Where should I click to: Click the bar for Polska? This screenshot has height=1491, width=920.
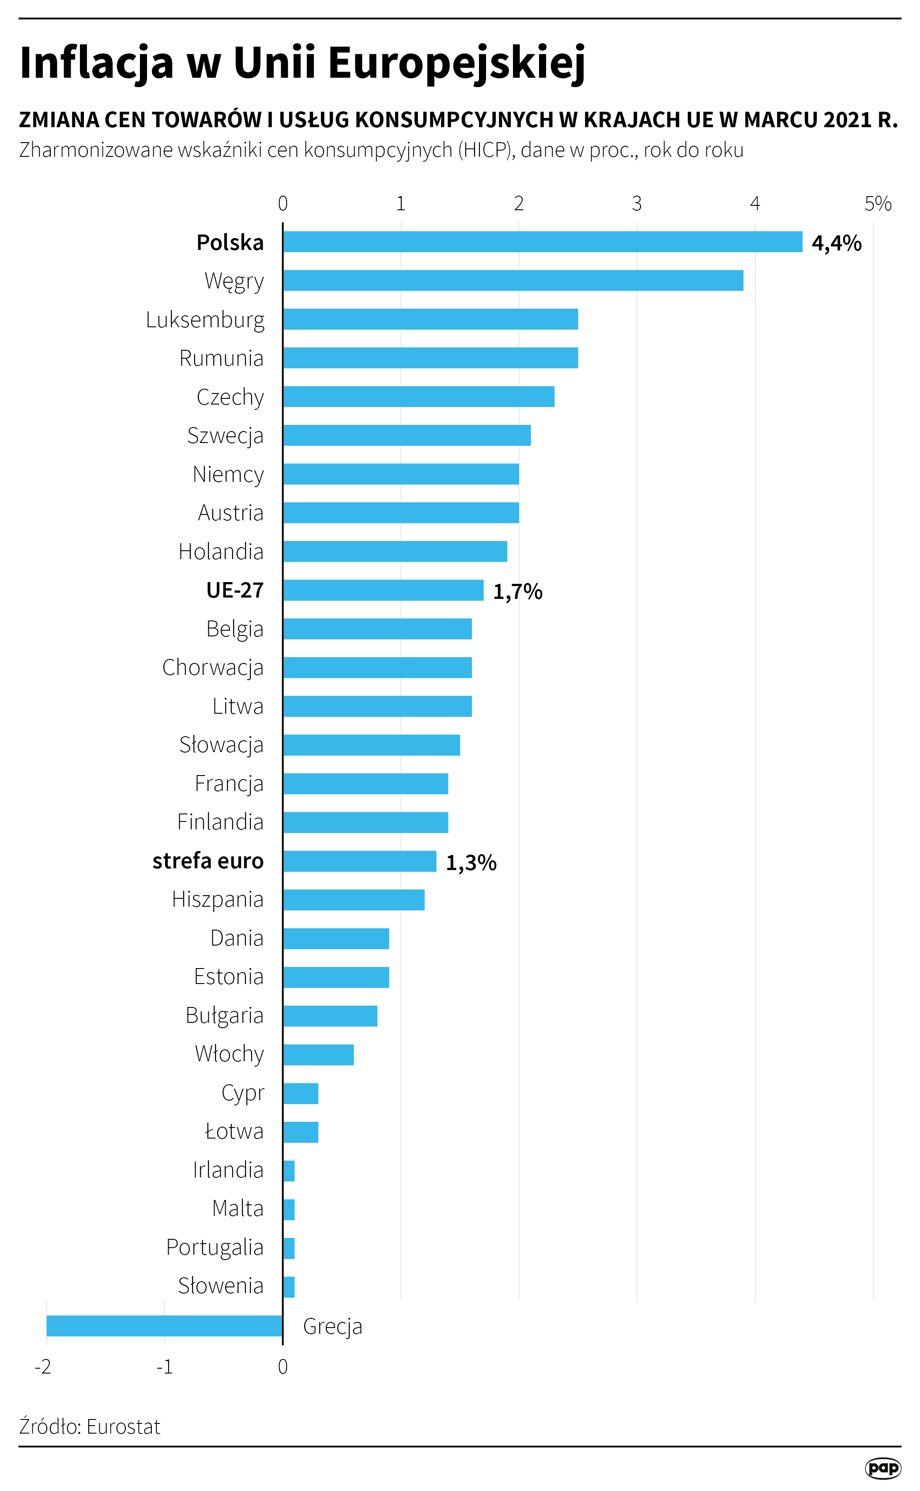click(x=542, y=242)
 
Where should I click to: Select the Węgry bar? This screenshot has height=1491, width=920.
click(x=513, y=280)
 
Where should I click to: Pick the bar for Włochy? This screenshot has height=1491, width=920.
click(x=318, y=1055)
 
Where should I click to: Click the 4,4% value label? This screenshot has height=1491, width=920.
click(x=837, y=243)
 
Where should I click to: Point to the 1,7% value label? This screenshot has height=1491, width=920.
click(x=517, y=591)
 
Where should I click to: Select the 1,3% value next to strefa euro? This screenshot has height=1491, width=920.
click(x=471, y=863)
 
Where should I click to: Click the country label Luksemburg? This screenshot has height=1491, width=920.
click(x=205, y=320)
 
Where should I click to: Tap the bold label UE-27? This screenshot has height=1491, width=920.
click(x=235, y=590)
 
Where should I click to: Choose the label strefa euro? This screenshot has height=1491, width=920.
click(x=208, y=861)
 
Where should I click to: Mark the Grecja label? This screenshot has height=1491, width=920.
click(x=332, y=1327)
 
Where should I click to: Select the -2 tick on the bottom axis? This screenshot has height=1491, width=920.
click(x=42, y=1367)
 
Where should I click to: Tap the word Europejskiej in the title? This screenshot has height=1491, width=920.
click(x=456, y=63)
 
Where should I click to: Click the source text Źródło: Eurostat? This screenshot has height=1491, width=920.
click(x=90, y=1427)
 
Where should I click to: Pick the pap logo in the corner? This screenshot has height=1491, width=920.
click(x=882, y=1468)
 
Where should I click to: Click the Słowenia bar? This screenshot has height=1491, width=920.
click(x=289, y=1287)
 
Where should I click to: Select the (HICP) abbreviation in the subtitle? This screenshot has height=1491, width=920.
click(x=485, y=150)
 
